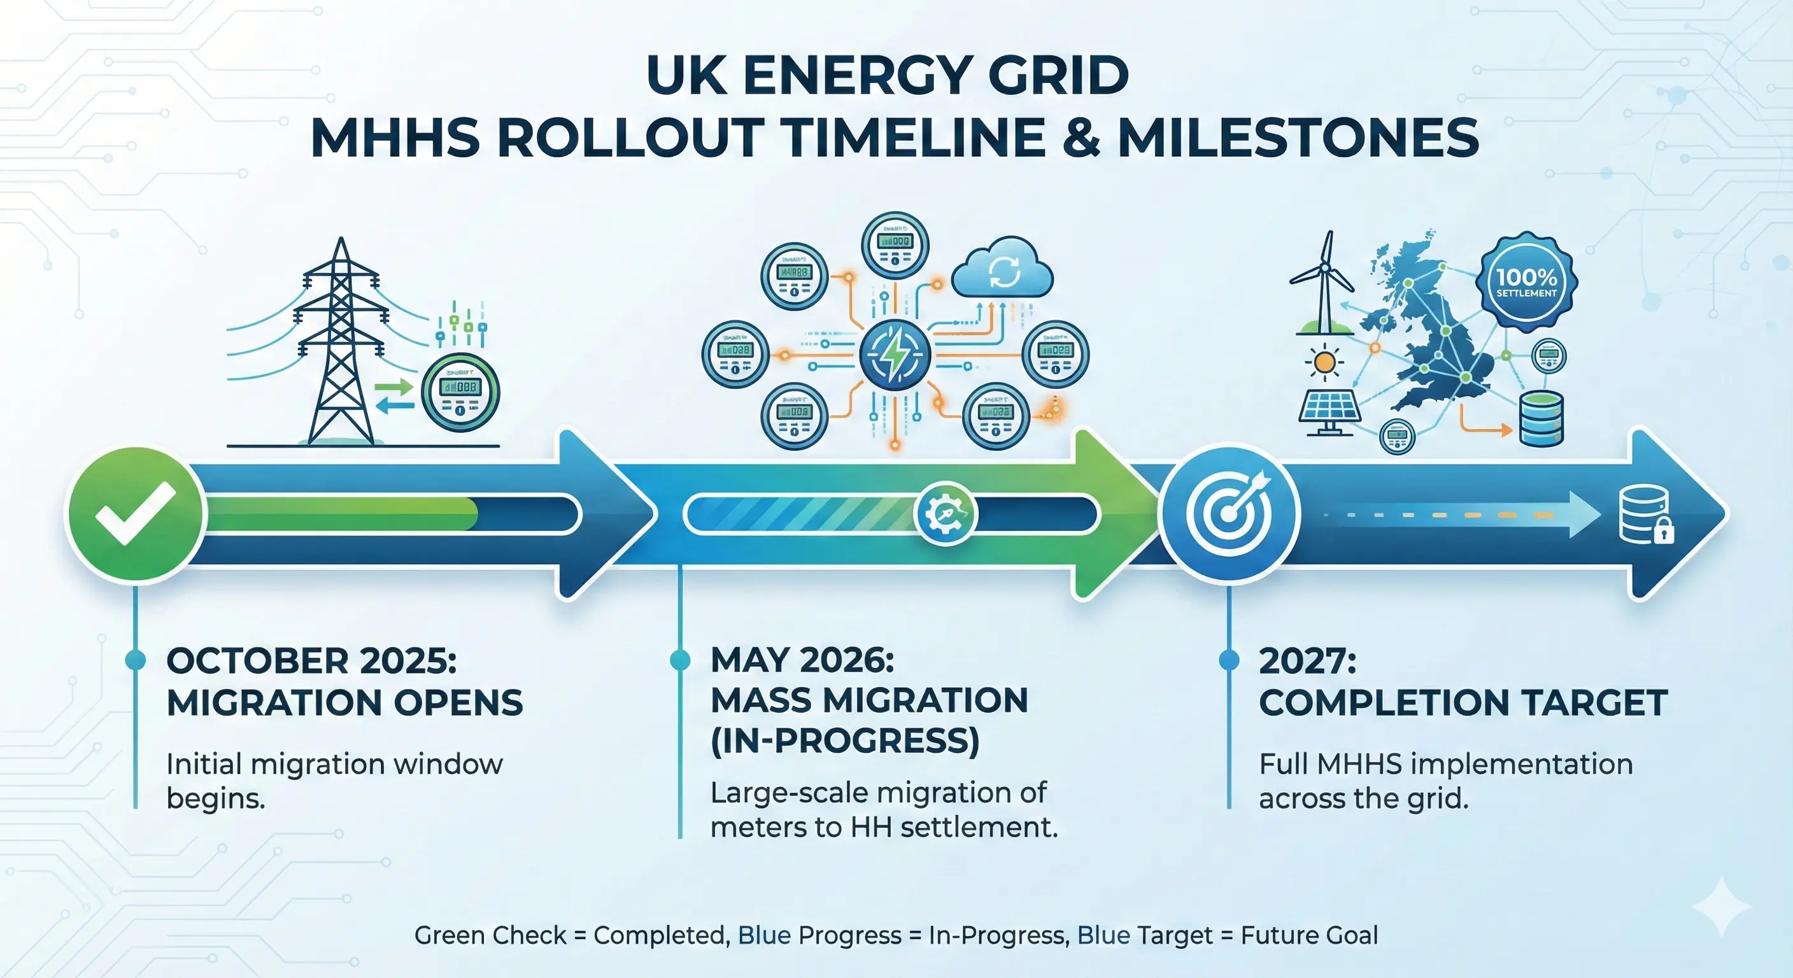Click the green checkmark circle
point(135,514)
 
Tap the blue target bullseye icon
point(1228,514)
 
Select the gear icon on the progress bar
point(946,514)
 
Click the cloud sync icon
point(1002,270)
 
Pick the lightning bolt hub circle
point(895,354)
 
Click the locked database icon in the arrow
point(1646,515)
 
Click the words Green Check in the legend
point(490,935)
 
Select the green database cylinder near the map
point(1541,418)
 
